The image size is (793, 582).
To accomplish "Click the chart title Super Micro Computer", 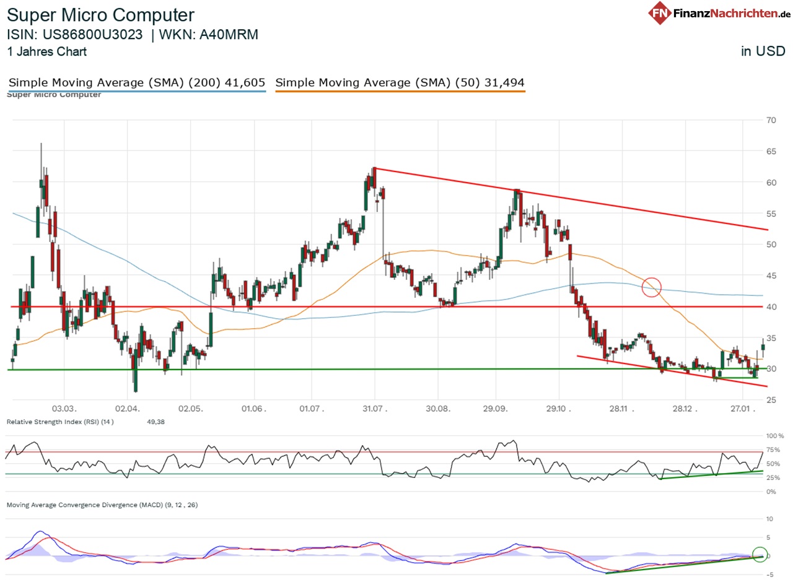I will coord(100,15).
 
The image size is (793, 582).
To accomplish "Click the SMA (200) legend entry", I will coord(137,82).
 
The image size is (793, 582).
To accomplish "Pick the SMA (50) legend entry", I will coord(400,82).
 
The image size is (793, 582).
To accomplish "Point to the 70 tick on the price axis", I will coord(771,120).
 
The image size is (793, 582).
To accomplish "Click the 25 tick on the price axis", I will coord(771,400).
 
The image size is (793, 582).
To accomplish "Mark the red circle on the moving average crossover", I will coord(652,287).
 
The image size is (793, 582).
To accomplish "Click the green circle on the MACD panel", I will coord(760,555).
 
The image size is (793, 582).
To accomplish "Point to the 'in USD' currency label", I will coord(763,51).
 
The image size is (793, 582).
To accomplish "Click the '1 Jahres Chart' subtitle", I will coord(47,52).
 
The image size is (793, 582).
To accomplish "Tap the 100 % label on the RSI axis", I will coord(774,436).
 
